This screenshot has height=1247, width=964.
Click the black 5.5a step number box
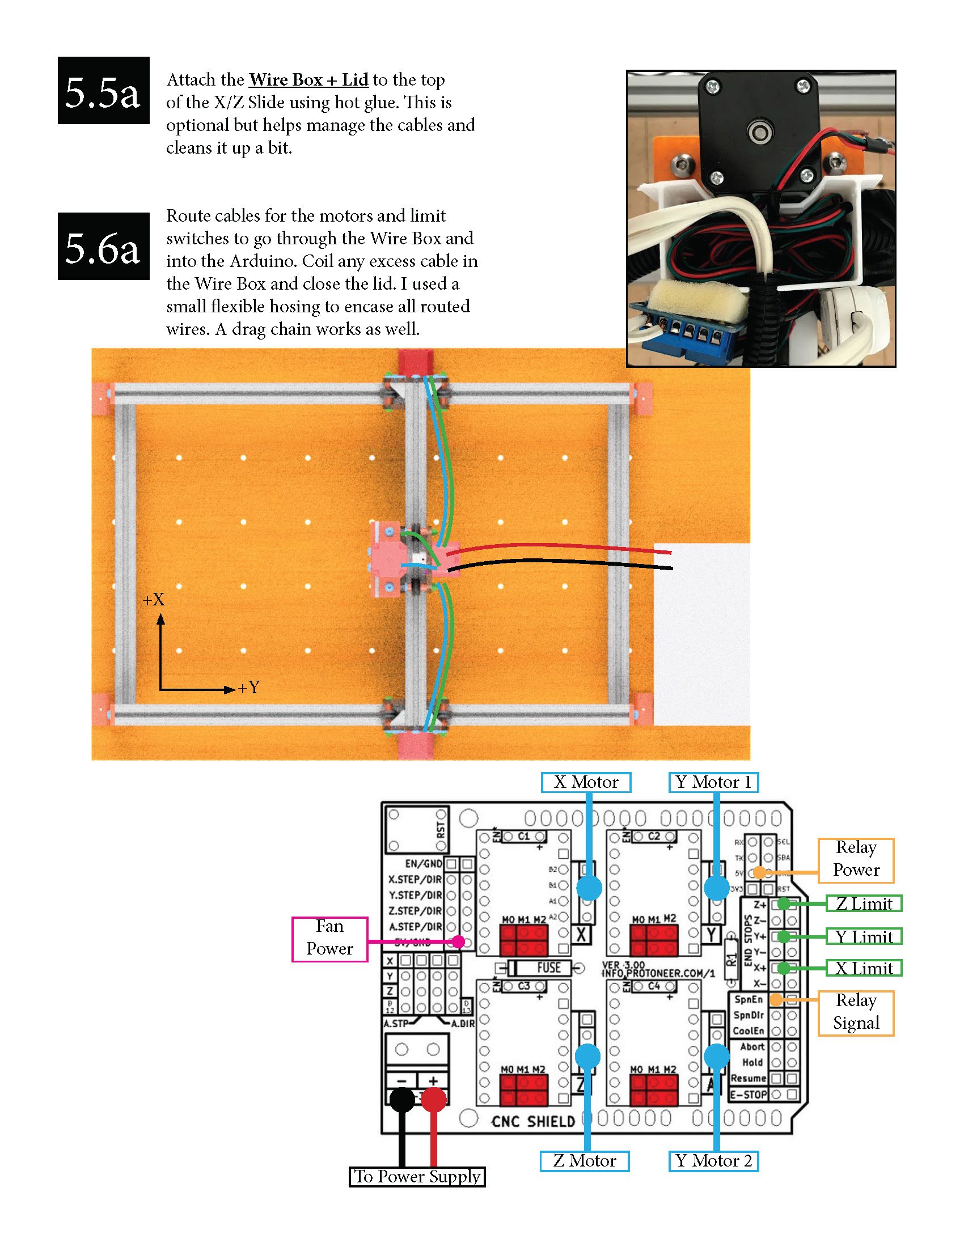pyautogui.click(x=103, y=90)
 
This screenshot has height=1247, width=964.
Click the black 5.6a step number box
pyautogui.click(x=103, y=246)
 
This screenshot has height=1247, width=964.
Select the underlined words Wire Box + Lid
pyautogui.click(x=308, y=79)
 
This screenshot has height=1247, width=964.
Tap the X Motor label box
pyautogui.click(x=586, y=782)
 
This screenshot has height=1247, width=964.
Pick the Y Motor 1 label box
pyautogui.click(x=713, y=782)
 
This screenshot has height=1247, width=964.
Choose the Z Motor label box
pyautogui.click(x=584, y=1161)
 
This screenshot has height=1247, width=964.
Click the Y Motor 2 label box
pyautogui.click(x=713, y=1161)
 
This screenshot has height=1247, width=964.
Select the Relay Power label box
pyautogui.click(x=856, y=859)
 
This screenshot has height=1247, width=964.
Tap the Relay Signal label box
pyautogui.click(x=856, y=1012)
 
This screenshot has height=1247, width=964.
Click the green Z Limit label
pyautogui.click(x=864, y=904)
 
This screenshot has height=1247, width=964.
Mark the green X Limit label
pyautogui.click(x=864, y=968)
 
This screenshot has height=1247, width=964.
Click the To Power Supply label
pyautogui.click(x=417, y=1176)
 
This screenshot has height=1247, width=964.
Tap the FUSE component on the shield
pyautogui.click(x=548, y=967)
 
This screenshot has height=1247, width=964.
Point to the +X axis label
pyautogui.click(x=154, y=600)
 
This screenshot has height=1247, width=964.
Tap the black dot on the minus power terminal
pyautogui.click(x=402, y=1100)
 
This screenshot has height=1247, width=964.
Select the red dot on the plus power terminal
pyautogui.click(x=433, y=1100)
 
